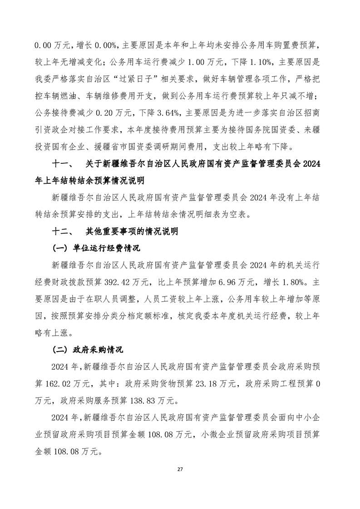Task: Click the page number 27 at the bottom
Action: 180,469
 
